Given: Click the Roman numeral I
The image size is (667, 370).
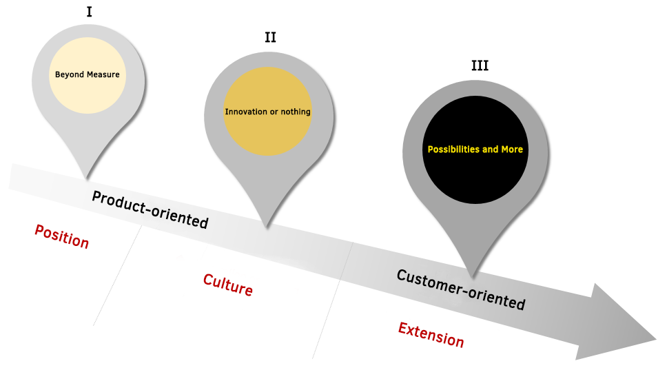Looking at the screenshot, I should [88, 11].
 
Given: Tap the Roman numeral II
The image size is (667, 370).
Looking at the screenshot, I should [270, 37].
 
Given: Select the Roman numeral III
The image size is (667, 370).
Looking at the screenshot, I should [480, 65].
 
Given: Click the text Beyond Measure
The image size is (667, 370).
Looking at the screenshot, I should [88, 74].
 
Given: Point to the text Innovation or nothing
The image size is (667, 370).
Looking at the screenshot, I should [268, 112].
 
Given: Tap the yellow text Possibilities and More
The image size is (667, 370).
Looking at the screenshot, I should [475, 149].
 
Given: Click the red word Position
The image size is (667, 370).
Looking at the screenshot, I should [62, 236].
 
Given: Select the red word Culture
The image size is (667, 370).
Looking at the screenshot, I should [227, 284].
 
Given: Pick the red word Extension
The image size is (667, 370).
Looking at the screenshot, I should [431, 334].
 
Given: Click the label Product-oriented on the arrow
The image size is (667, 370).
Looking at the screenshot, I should [150, 209].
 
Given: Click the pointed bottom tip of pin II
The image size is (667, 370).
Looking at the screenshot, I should [267, 225].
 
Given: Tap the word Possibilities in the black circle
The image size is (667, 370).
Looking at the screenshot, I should [452, 149].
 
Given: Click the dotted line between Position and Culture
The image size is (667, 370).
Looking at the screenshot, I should [117, 276].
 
